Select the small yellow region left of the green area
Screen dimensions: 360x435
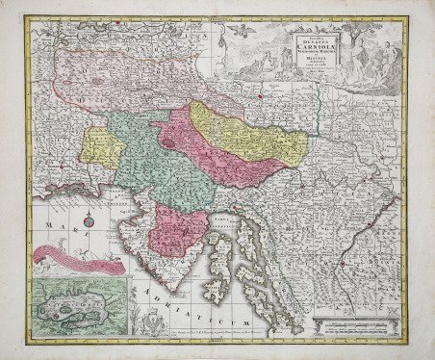[x=100, y=144]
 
